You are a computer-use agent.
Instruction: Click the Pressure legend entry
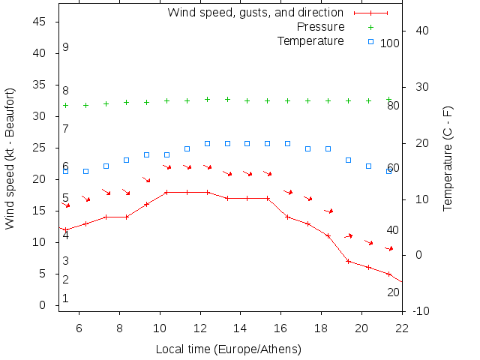pyautogui.click(x=320, y=27)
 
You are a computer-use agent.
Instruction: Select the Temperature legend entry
pyautogui.click(x=310, y=40)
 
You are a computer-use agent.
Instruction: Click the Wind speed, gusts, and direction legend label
pyautogui.click(x=255, y=13)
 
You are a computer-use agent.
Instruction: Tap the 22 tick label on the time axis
pyautogui.click(x=402, y=328)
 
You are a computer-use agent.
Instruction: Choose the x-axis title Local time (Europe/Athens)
pyautogui.click(x=228, y=349)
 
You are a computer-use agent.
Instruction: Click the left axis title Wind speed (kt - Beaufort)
pyautogui.click(x=10, y=158)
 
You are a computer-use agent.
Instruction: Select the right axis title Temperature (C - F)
pyautogui.click(x=448, y=158)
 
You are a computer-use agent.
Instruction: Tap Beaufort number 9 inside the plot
pyautogui.click(x=66, y=47)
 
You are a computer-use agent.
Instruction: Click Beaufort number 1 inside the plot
pyautogui.click(x=66, y=298)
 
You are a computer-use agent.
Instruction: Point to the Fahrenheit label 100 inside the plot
pyautogui.click(x=390, y=43)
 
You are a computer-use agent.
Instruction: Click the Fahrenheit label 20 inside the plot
pyautogui.click(x=393, y=292)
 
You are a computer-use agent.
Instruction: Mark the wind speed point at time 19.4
pyautogui.click(x=348, y=261)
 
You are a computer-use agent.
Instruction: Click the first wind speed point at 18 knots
pyautogui.click(x=166, y=192)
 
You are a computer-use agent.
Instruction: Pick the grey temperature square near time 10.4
pyautogui.click(x=166, y=154)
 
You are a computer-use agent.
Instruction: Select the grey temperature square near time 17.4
pyautogui.click(x=307, y=148)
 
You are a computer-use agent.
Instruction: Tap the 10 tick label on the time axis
pyautogui.click(x=160, y=328)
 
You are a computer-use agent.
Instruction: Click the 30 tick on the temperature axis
pyautogui.click(x=417, y=87)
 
